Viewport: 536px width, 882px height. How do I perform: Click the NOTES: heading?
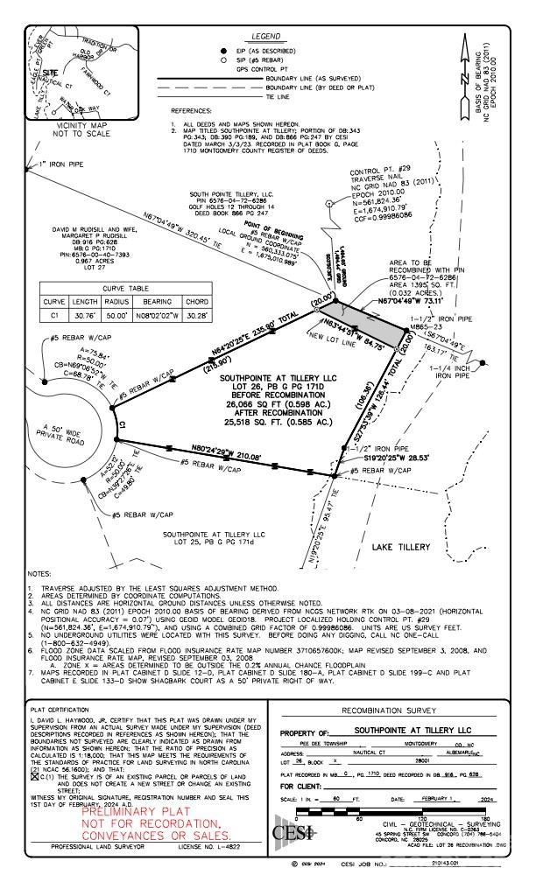(x=40, y=574)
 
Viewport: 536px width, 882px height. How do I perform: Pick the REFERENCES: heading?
(x=192, y=111)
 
